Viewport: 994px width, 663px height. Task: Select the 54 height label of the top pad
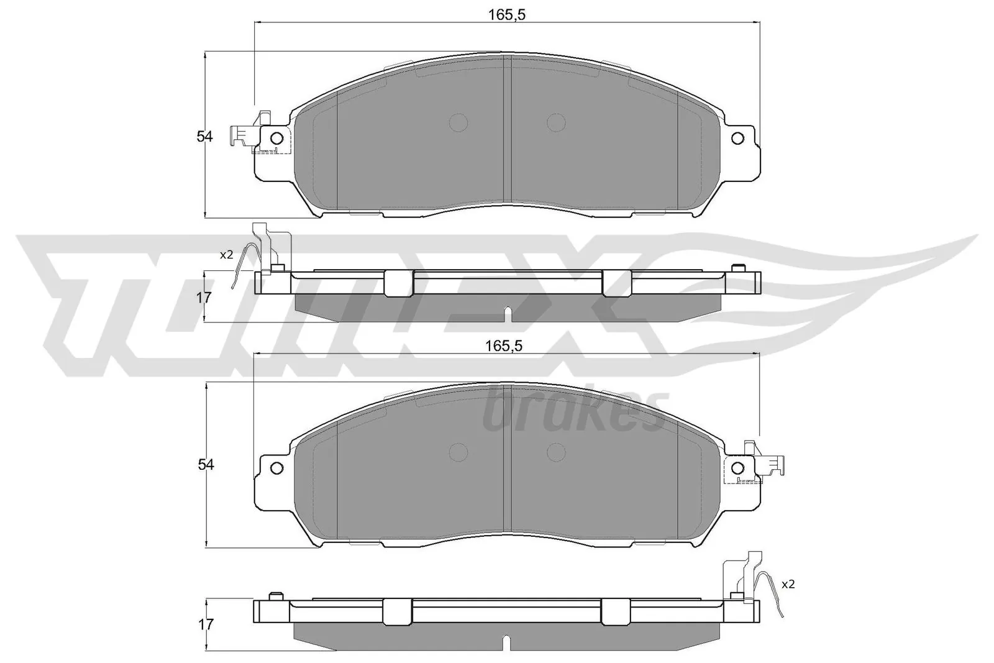tap(204, 137)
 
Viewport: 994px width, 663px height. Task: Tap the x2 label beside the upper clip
tap(226, 254)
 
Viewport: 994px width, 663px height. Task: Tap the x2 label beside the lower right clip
tap(788, 584)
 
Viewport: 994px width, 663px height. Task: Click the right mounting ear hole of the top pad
tap(737, 138)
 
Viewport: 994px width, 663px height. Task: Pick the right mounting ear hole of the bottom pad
tap(737, 467)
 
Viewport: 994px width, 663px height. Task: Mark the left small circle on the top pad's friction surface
tap(458, 122)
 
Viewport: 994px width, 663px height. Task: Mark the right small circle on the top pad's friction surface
tap(557, 122)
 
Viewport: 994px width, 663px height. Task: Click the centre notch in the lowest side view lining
tap(507, 642)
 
